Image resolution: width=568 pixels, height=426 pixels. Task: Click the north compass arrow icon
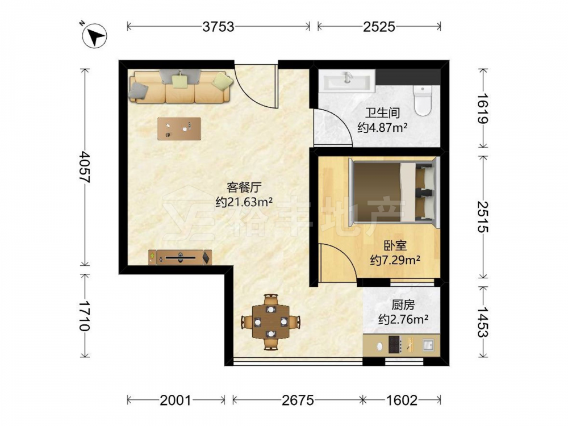click(x=94, y=36)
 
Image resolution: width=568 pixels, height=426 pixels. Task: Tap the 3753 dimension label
click(x=219, y=27)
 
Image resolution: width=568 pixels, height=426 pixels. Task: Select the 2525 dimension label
click(x=379, y=27)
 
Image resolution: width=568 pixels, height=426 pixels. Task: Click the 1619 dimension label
click(x=482, y=108)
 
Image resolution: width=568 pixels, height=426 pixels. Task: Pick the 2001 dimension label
click(x=176, y=400)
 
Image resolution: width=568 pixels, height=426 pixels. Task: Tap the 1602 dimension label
click(x=402, y=400)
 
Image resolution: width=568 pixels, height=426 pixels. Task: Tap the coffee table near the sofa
click(x=179, y=128)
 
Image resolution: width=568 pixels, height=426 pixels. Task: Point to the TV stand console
click(x=180, y=257)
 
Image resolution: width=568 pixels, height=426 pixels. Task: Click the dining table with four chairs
click(x=271, y=321)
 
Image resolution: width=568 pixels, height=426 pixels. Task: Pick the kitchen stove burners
click(x=394, y=345)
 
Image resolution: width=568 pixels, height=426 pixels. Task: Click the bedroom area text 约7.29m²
click(x=395, y=260)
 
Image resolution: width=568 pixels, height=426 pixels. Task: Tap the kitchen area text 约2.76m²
click(x=403, y=319)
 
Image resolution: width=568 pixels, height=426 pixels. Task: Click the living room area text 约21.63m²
click(x=244, y=202)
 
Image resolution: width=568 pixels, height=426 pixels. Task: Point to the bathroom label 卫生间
click(x=382, y=112)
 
